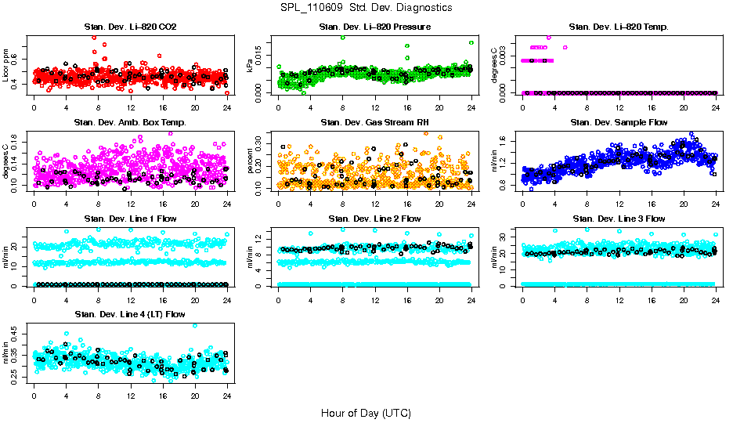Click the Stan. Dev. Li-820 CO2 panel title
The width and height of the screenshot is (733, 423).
[x=130, y=27]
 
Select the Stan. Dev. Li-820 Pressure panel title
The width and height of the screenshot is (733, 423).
[x=374, y=27]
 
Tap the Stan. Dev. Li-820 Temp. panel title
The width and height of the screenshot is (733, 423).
[x=619, y=27]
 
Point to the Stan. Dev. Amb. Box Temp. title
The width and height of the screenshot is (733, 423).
[x=130, y=122]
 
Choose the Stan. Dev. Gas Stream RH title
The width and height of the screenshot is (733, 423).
[x=374, y=122]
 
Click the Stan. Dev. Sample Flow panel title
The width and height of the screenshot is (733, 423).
[x=619, y=122]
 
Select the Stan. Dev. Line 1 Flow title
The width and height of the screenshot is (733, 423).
[x=130, y=219]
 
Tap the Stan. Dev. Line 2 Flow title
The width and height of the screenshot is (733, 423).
[x=374, y=219]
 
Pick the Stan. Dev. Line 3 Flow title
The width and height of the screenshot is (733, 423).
[x=619, y=219]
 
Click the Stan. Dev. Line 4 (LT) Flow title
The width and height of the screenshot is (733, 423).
[x=130, y=314]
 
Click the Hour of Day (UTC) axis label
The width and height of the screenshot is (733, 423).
[x=365, y=412]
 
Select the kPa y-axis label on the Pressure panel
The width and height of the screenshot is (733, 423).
[x=251, y=66]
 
